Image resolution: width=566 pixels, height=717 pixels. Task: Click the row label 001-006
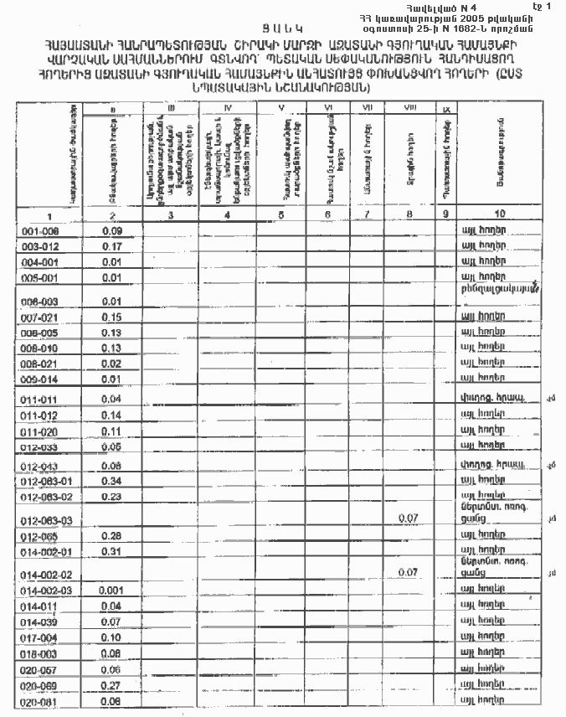click(39, 230)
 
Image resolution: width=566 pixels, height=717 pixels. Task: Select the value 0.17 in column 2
click(112, 246)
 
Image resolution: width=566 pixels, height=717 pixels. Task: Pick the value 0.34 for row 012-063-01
click(112, 482)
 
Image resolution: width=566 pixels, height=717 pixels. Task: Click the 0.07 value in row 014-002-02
click(409, 572)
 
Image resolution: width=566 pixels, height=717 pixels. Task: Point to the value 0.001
click(111, 591)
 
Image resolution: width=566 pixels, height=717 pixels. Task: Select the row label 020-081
click(39, 701)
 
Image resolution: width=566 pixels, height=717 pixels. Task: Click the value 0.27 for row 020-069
click(112, 686)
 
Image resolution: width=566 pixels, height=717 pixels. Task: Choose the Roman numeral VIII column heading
click(409, 108)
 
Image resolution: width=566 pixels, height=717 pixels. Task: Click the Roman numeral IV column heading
click(228, 108)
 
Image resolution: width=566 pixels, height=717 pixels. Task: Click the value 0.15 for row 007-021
click(112, 317)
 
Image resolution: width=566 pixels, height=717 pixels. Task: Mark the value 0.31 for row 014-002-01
click(112, 551)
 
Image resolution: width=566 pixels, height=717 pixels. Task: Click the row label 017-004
click(39, 637)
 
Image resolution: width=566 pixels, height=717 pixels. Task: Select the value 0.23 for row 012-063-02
click(112, 497)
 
